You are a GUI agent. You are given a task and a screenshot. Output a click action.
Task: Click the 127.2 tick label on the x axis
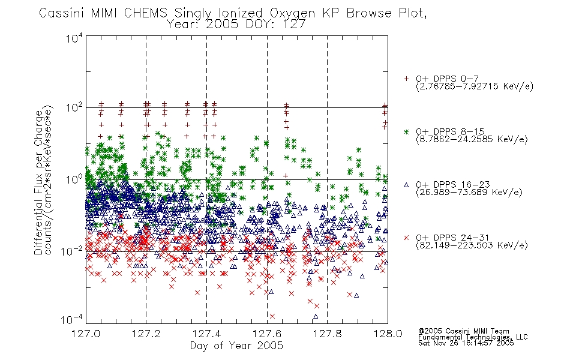pos(146,334)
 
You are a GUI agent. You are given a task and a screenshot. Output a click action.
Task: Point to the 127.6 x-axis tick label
pos(267,334)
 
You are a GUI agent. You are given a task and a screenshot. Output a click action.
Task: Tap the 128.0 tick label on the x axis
pos(388,334)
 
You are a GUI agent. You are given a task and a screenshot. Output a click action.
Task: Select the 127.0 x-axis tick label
pos(86,334)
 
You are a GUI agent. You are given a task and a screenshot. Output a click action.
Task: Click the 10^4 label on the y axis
pos(74,38)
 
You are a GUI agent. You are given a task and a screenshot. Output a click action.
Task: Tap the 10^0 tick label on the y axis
pos(74,179)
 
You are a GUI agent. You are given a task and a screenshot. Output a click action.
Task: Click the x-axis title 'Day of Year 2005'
pos(236,346)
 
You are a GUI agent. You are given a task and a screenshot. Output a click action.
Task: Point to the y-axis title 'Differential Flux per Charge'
pos(38,182)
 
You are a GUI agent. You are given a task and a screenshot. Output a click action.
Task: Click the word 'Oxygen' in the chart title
pos(292,13)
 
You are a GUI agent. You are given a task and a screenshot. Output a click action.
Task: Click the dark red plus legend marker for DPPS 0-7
pos(406,79)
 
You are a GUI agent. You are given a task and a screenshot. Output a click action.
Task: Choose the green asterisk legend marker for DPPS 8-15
pos(406,131)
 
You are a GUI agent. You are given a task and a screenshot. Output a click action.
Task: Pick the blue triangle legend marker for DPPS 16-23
pos(406,185)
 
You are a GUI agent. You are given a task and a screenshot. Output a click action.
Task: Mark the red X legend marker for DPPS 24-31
pos(406,238)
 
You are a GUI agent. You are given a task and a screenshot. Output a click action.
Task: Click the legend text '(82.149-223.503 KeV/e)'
pos(472,245)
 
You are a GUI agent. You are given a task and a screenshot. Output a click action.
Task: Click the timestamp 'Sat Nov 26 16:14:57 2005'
pos(466,343)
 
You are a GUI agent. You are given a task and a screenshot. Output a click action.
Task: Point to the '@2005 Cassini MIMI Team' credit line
pos(463,331)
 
